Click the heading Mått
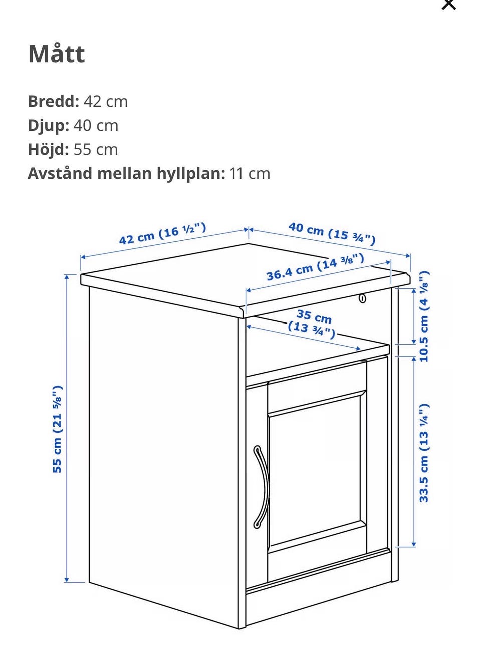[57, 54]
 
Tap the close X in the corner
[449, 4]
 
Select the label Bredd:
[54, 101]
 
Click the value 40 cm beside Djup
[96, 126]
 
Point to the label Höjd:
[49, 150]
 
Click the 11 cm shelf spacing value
[250, 174]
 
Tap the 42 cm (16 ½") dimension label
[163, 233]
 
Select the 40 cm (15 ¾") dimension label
[332, 233]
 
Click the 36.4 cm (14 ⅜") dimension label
[315, 267]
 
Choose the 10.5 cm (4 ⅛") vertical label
[424, 316]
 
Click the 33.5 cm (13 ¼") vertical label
[424, 453]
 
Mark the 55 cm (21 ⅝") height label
[57, 429]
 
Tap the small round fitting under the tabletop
[363, 299]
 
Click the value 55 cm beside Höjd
[96, 150]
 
